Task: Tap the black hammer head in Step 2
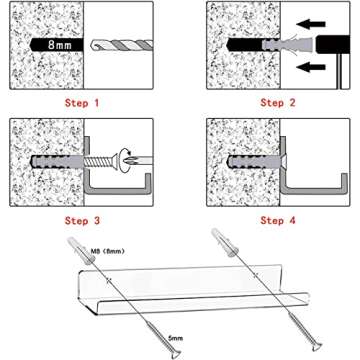tap(338, 45)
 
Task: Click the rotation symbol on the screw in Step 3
tap(128, 155)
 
